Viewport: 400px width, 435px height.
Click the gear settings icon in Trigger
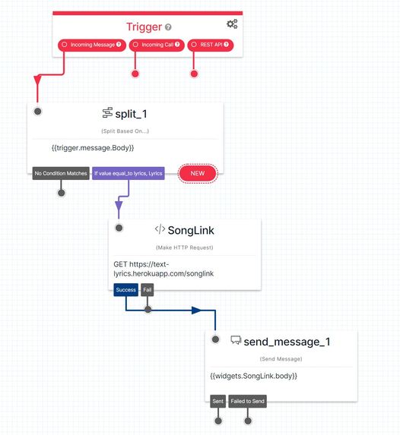232,24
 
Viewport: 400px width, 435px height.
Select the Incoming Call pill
156,45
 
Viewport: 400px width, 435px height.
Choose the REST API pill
211,45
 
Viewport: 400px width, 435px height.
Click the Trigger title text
144,27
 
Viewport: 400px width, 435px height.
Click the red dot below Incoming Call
135,74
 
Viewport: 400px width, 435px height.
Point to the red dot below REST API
194,74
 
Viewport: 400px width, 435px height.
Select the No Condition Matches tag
61,173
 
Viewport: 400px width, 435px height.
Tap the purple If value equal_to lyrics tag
129,173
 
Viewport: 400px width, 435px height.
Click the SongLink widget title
190,230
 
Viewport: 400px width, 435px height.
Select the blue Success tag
125,289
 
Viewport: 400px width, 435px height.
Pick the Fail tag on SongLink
148,289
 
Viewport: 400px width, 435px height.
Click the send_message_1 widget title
287,341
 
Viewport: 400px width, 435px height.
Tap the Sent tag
217,400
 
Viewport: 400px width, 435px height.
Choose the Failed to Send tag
248,400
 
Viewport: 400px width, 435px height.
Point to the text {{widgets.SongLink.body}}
253,376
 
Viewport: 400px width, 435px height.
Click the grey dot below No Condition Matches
62,192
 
